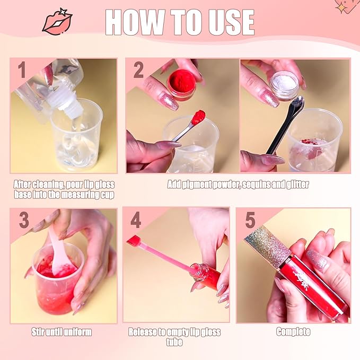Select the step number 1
22,68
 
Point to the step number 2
138,69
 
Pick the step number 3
24,219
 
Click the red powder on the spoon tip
198,117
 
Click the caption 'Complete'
293,332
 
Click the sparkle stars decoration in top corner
344,6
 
